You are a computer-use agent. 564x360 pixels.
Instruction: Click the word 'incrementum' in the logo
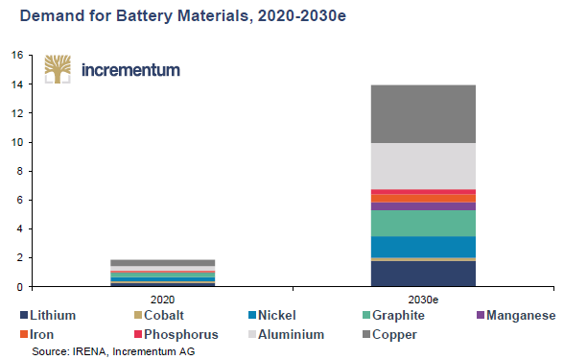(130, 70)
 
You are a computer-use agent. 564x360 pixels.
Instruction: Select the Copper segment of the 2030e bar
(423, 113)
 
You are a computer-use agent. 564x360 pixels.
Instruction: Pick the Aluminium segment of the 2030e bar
(423, 166)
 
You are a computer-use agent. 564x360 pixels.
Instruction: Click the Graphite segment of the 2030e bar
(423, 223)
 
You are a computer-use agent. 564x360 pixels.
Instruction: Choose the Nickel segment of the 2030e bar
(423, 247)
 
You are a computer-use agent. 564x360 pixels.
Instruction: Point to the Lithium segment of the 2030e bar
(423, 274)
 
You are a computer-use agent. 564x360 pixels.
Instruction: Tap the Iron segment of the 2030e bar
(423, 199)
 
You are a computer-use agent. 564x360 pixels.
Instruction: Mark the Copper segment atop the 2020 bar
(162, 262)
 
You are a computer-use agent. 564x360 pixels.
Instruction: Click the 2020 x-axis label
(162, 300)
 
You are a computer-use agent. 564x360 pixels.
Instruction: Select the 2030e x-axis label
(423, 300)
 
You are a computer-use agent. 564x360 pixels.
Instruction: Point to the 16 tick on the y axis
(16, 56)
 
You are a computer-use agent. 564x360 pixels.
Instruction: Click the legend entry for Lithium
(47, 315)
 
